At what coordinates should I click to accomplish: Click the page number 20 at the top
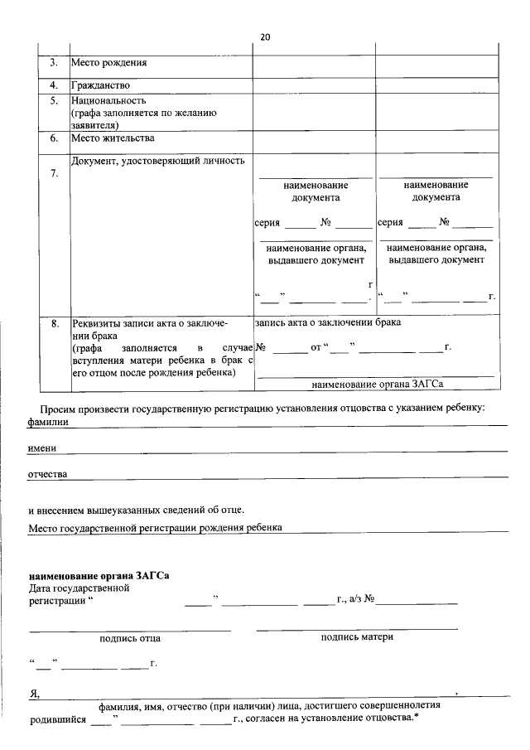(265, 37)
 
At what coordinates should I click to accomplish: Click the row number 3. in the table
(53, 63)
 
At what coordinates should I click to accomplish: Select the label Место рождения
(108, 63)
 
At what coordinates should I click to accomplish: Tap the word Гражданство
(101, 85)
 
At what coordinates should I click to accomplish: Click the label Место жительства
(113, 138)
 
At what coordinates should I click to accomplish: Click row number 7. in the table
(53, 173)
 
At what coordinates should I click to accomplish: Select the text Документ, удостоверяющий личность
(158, 161)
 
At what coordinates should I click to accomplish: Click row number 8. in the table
(53, 323)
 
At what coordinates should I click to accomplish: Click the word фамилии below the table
(48, 422)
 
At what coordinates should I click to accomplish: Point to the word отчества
(48, 475)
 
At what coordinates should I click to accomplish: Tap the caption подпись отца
(130, 638)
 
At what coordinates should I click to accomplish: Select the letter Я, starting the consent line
(33, 694)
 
